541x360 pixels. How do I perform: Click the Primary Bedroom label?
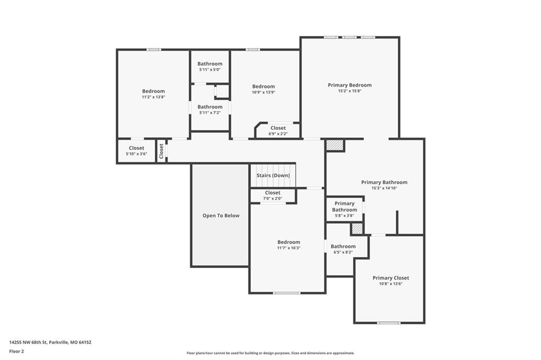[x=350, y=85]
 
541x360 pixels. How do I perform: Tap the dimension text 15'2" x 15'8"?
[x=350, y=91]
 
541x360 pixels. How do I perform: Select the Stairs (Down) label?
[x=273, y=176]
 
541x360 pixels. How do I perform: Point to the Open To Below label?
[x=221, y=216]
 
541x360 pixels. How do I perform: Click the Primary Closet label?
[x=390, y=278]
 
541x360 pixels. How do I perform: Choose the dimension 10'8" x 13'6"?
[x=391, y=284]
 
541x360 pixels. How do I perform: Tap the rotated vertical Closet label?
[x=161, y=151]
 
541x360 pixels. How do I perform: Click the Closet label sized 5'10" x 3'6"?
[x=137, y=148]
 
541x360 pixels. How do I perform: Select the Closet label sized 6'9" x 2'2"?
[x=278, y=128]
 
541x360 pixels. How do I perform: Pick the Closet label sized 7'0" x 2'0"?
[x=273, y=193]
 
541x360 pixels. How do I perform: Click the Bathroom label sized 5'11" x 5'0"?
[x=210, y=64]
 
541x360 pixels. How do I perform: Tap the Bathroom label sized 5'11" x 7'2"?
[x=210, y=107]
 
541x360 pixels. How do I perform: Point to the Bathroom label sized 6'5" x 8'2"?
[x=343, y=247]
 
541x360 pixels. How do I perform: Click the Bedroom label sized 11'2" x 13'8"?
[x=154, y=91]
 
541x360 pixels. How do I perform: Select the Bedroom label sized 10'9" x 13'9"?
[x=263, y=87]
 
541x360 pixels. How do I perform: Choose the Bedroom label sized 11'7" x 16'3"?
[x=289, y=242]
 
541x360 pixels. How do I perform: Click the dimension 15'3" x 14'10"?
[x=385, y=188]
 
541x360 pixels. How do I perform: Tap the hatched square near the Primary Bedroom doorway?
[x=335, y=145]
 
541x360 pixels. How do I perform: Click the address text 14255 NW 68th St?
[x=28, y=343]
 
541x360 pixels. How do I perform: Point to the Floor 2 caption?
[x=16, y=352]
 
